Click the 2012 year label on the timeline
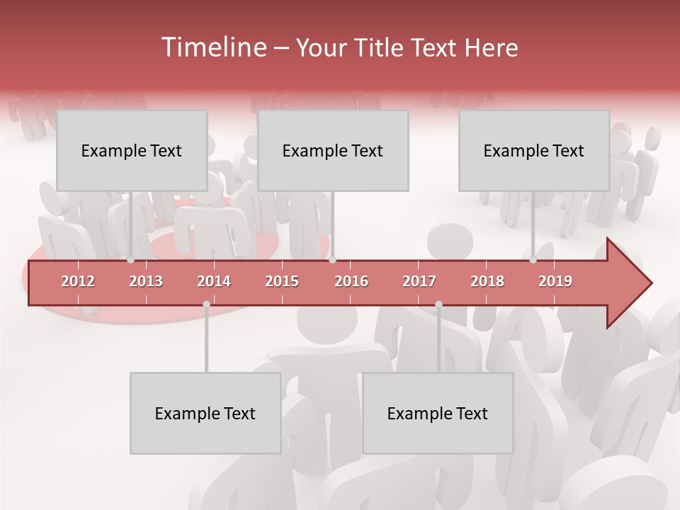coord(78,281)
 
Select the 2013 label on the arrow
coord(146,281)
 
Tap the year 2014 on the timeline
coord(214,281)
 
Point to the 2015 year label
coord(282,281)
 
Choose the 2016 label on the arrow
coord(351,281)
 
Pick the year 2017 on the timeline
coord(419,281)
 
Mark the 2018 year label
coord(487,281)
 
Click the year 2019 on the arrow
coord(555,281)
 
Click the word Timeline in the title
coord(213,47)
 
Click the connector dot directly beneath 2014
coord(206,305)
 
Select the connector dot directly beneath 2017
coord(438,305)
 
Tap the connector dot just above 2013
coord(131,260)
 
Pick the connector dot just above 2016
coord(332,260)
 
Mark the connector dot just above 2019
coord(533,260)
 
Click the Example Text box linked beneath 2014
coord(205,413)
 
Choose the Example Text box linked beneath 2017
coord(438,413)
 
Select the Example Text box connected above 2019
coord(534,150)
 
